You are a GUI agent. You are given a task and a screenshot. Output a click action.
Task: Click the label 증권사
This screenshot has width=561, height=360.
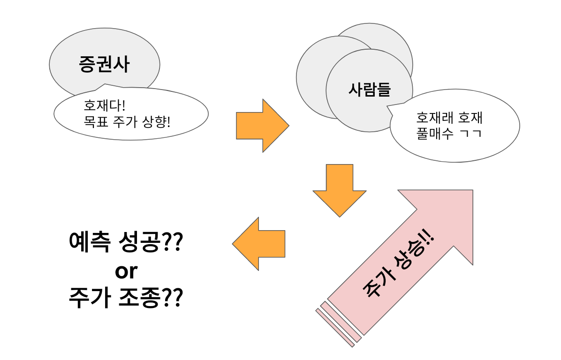tap(104, 64)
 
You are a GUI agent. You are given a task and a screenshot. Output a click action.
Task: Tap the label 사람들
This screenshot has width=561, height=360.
tap(369, 89)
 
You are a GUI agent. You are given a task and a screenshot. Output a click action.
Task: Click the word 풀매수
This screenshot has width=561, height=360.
tap(435, 134)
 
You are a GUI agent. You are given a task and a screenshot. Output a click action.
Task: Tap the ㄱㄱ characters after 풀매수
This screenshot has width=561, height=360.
tap(471, 134)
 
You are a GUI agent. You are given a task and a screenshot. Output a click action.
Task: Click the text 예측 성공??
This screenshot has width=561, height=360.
tap(125, 242)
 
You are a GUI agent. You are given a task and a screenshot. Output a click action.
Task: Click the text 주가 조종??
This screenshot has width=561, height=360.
tap(125, 298)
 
